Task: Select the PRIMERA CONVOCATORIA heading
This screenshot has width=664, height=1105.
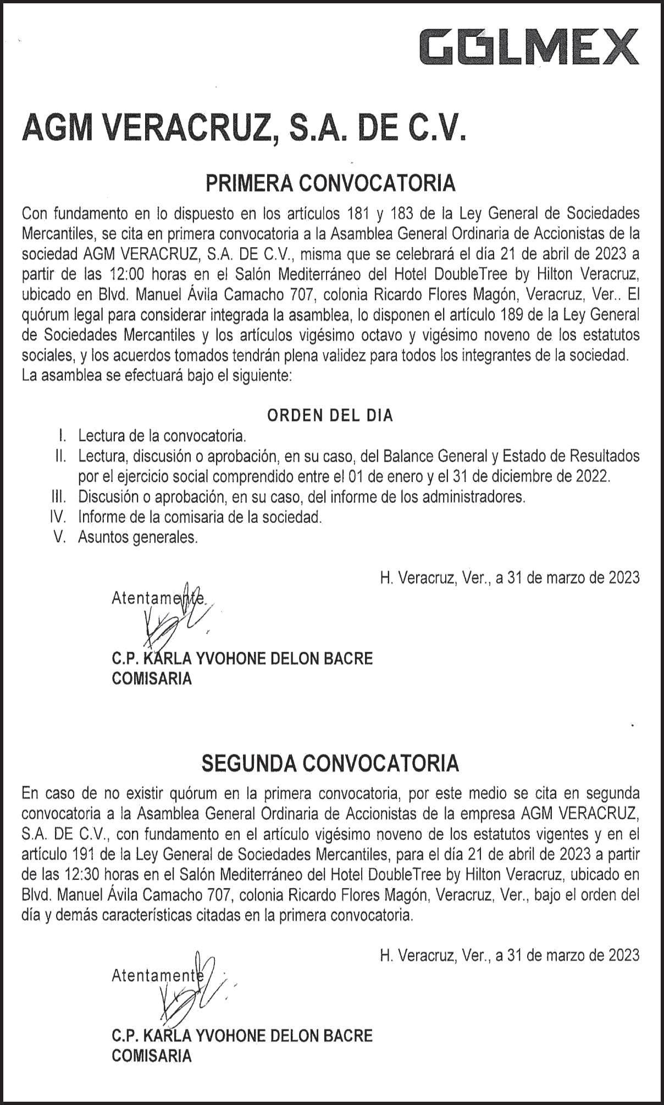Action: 330,183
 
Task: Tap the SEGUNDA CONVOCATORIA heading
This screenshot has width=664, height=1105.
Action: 330,763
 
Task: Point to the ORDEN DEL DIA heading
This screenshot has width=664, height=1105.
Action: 330,415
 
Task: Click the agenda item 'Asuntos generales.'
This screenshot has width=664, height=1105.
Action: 138,537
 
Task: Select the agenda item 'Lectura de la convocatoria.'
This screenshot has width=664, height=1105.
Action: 162,436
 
